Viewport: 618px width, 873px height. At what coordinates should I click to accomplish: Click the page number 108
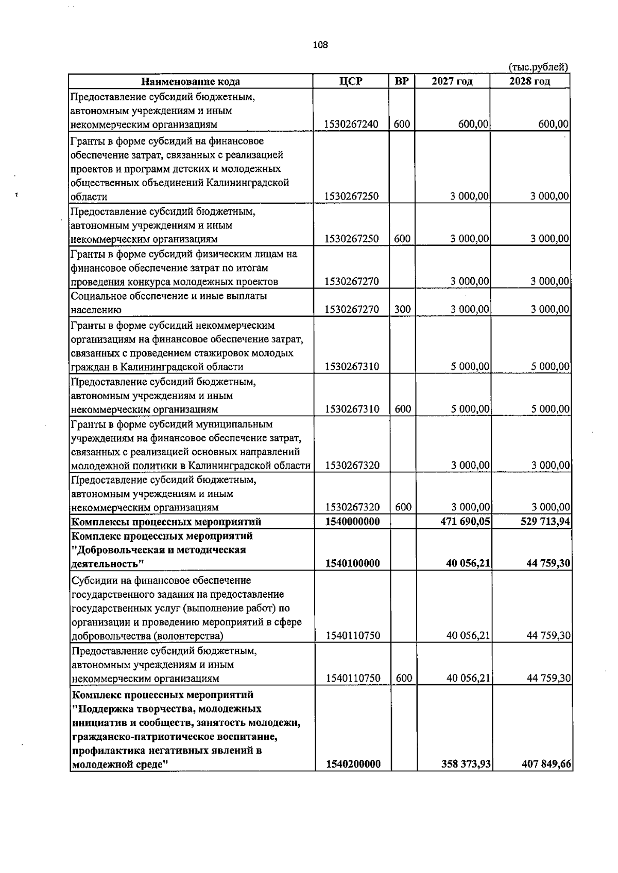click(320, 45)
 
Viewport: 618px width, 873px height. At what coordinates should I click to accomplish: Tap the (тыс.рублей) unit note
click(538, 67)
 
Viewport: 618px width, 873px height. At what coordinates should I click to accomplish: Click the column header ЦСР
click(351, 81)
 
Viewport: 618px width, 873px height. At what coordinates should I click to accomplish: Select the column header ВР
click(402, 81)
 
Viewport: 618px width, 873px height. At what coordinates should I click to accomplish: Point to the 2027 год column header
click(452, 81)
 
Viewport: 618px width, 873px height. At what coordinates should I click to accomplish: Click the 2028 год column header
click(529, 81)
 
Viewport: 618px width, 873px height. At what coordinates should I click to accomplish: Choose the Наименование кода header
click(191, 81)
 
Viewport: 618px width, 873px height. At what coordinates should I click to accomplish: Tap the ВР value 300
click(402, 310)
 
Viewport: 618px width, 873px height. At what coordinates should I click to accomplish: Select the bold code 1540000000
click(353, 522)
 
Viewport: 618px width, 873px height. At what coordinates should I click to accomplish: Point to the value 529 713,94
click(545, 522)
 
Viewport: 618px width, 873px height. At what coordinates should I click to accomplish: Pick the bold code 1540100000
click(353, 564)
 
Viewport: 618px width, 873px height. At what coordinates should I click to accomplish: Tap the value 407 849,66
click(546, 764)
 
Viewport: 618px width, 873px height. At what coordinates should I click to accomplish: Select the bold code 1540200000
click(353, 764)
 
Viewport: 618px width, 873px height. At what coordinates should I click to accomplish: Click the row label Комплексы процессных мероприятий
click(166, 522)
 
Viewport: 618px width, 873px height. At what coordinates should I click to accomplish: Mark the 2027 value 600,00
click(474, 124)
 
